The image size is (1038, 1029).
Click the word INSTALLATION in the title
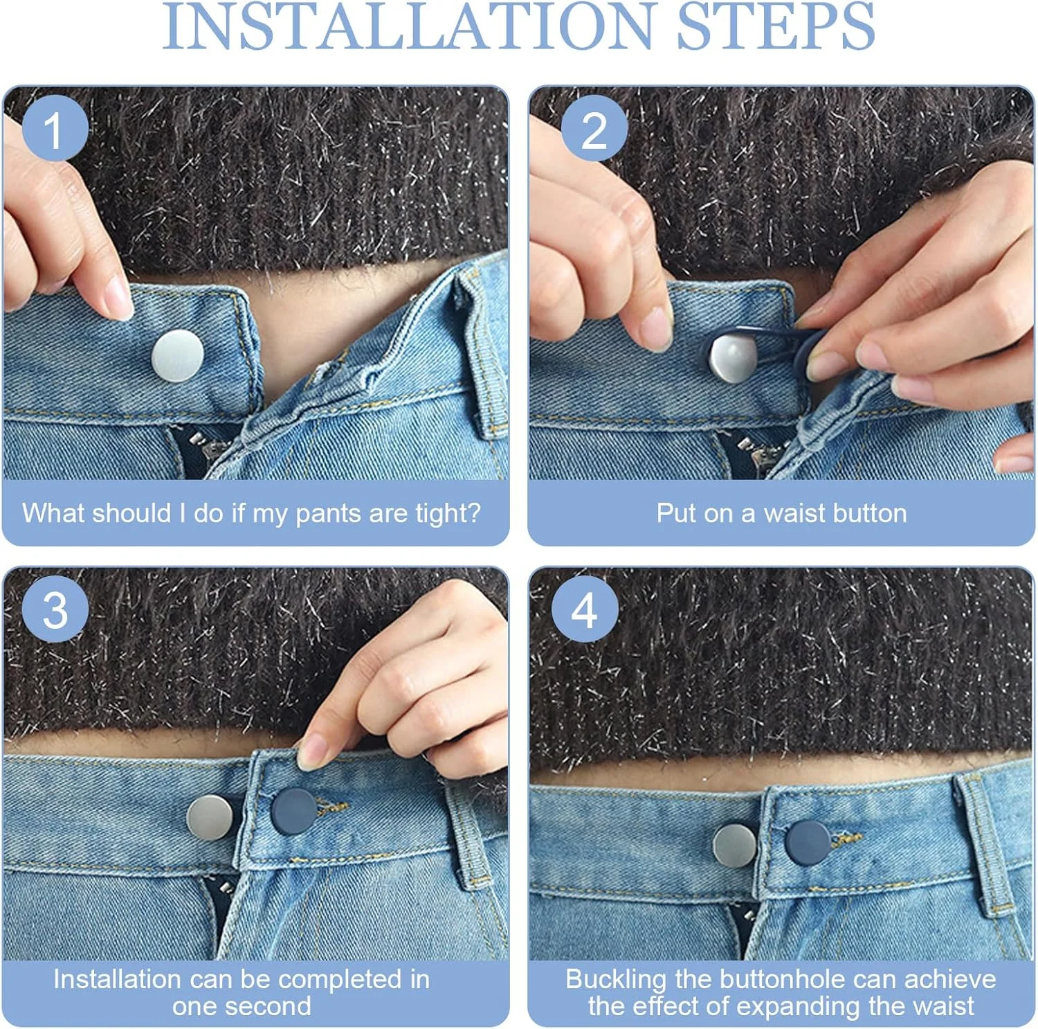(x=408, y=26)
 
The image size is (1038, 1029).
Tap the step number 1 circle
(x=55, y=129)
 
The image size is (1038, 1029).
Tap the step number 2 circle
(x=594, y=129)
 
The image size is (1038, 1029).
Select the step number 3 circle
(x=55, y=610)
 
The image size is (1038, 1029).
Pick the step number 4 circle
(x=585, y=610)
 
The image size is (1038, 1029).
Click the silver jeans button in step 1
(x=178, y=356)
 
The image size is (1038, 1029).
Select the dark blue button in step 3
(x=293, y=811)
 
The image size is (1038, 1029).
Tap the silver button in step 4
(x=734, y=845)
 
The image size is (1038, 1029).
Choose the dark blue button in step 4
(x=808, y=842)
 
